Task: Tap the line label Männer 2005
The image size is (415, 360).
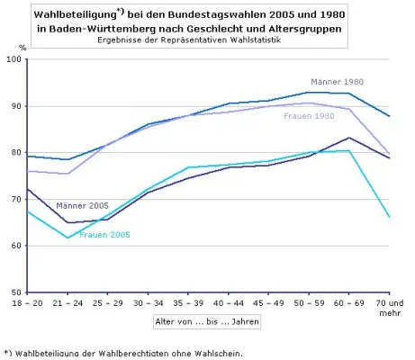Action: [82, 205]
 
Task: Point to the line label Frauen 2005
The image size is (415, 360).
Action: [104, 235]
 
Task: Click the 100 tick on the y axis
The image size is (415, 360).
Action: [15, 59]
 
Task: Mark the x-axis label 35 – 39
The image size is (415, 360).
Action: [188, 304]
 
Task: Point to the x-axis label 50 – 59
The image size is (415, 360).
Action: [308, 304]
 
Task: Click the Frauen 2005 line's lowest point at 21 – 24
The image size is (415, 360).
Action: [68, 238]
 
